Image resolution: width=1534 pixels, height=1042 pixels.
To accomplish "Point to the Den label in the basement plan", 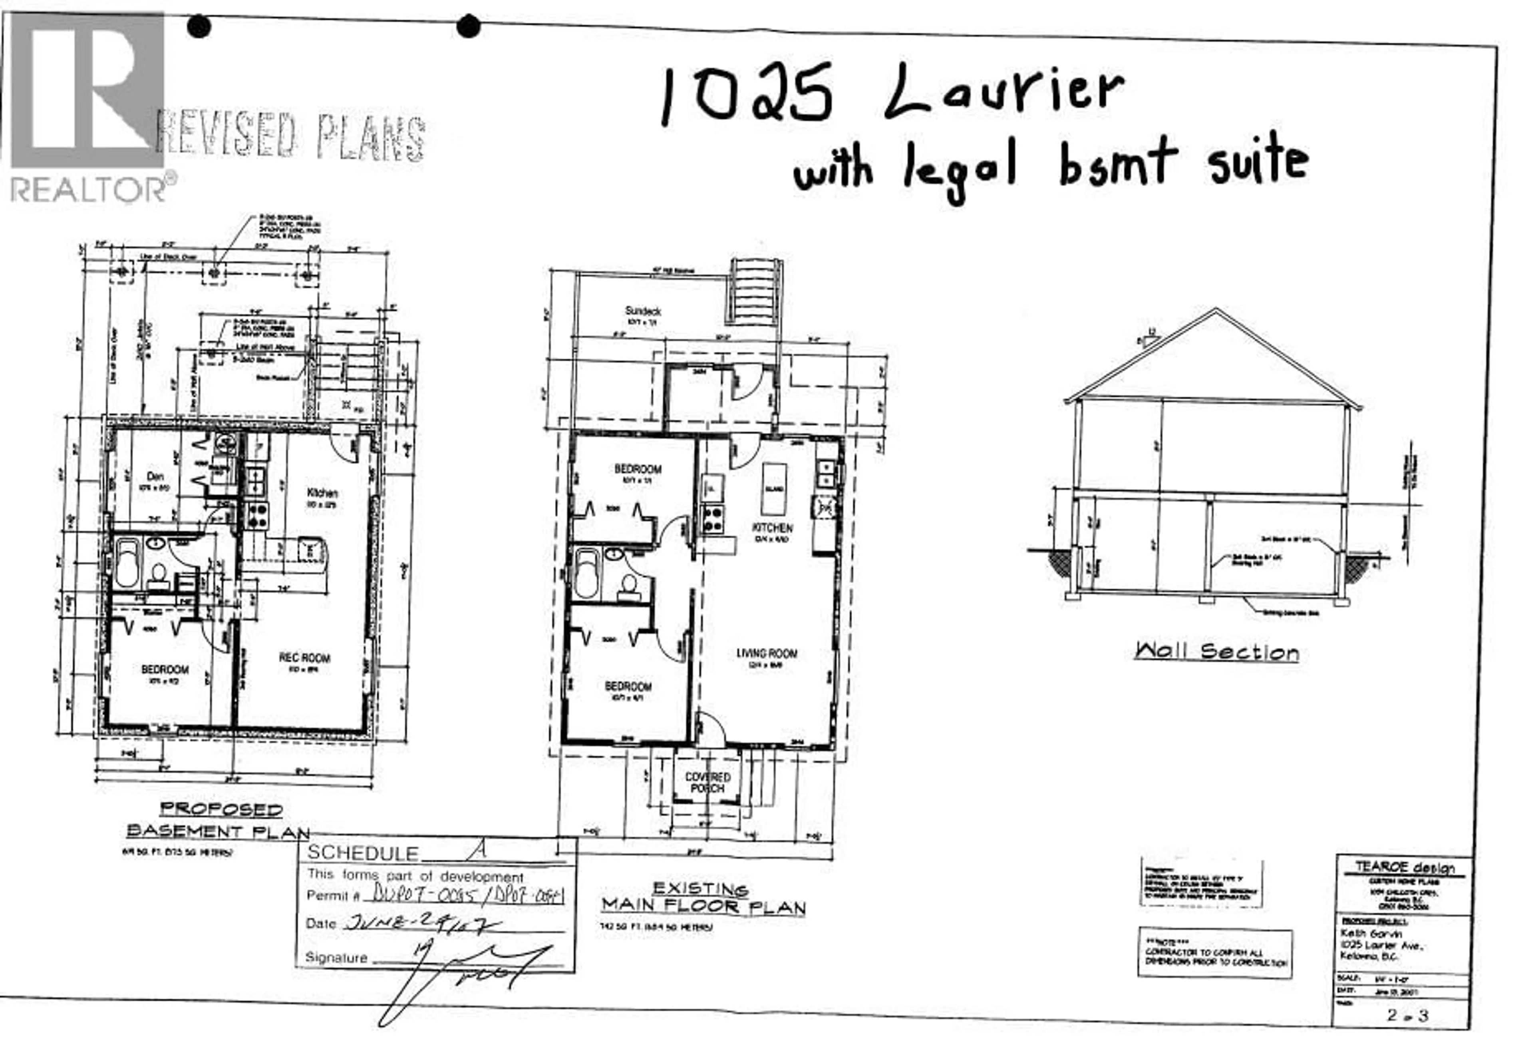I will [155, 476].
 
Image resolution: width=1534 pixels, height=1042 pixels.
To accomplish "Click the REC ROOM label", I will [304, 657].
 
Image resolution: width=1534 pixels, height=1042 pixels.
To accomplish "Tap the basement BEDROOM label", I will [165, 669].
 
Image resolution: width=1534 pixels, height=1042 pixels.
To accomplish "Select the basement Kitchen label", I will [322, 492].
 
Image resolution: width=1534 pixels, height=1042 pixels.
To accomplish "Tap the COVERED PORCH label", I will [707, 783].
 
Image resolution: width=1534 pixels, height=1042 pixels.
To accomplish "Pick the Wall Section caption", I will [1216, 652].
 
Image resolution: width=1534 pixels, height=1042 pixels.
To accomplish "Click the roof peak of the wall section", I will [1216, 310].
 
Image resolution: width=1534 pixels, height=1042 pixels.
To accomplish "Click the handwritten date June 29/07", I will [422, 923].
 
